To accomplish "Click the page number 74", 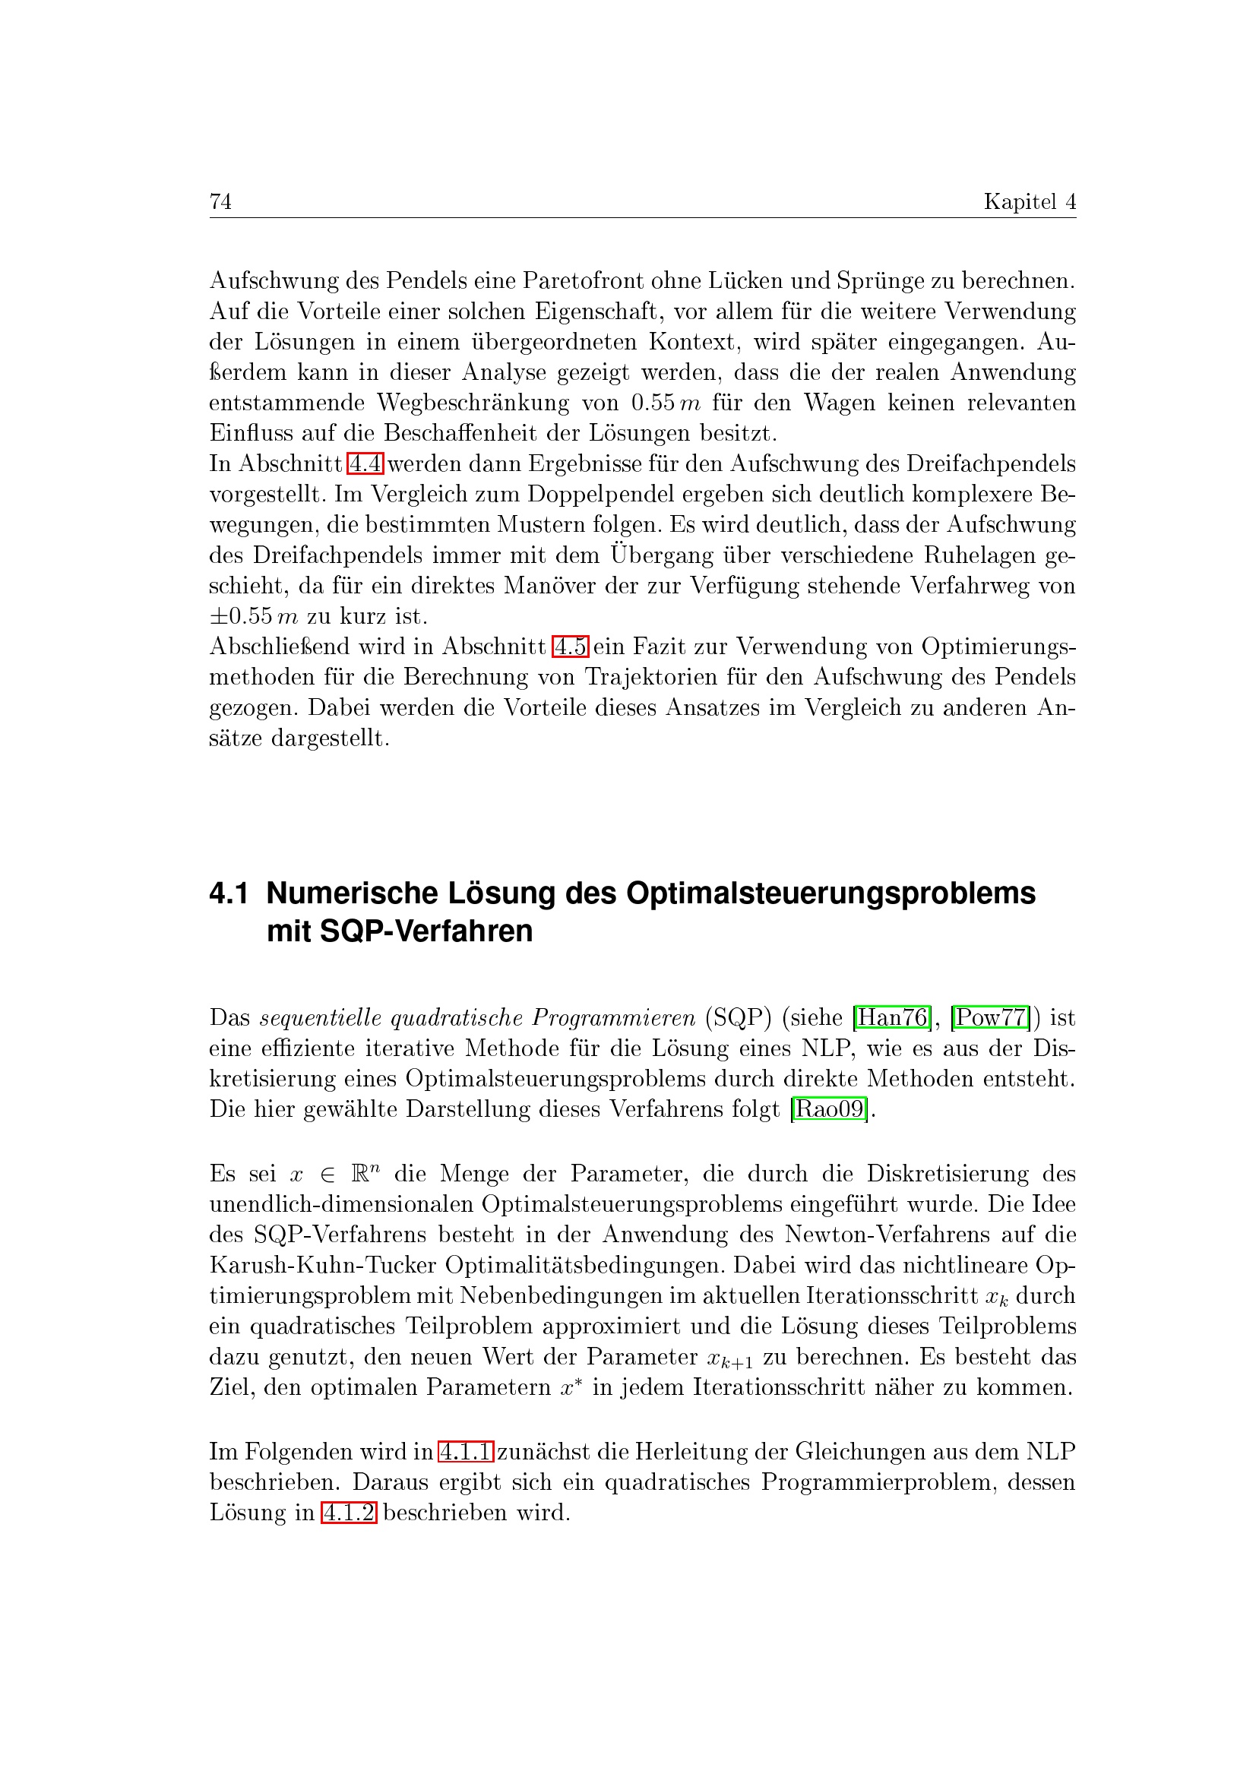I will click(x=220, y=202).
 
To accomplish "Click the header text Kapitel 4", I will click(x=1030, y=202).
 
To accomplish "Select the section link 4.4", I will click(x=365, y=464).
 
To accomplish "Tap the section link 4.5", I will click(x=571, y=647).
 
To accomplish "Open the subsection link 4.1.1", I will click(x=465, y=1452).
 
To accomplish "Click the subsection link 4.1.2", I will click(x=348, y=1513).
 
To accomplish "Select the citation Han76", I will click(x=892, y=1018).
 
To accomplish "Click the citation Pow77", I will click(x=991, y=1018).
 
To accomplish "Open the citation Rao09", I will click(x=830, y=1110).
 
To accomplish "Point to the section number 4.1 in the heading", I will click(x=229, y=894).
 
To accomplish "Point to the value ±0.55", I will click(x=242, y=617).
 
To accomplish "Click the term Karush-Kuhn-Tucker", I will click(x=323, y=1266).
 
